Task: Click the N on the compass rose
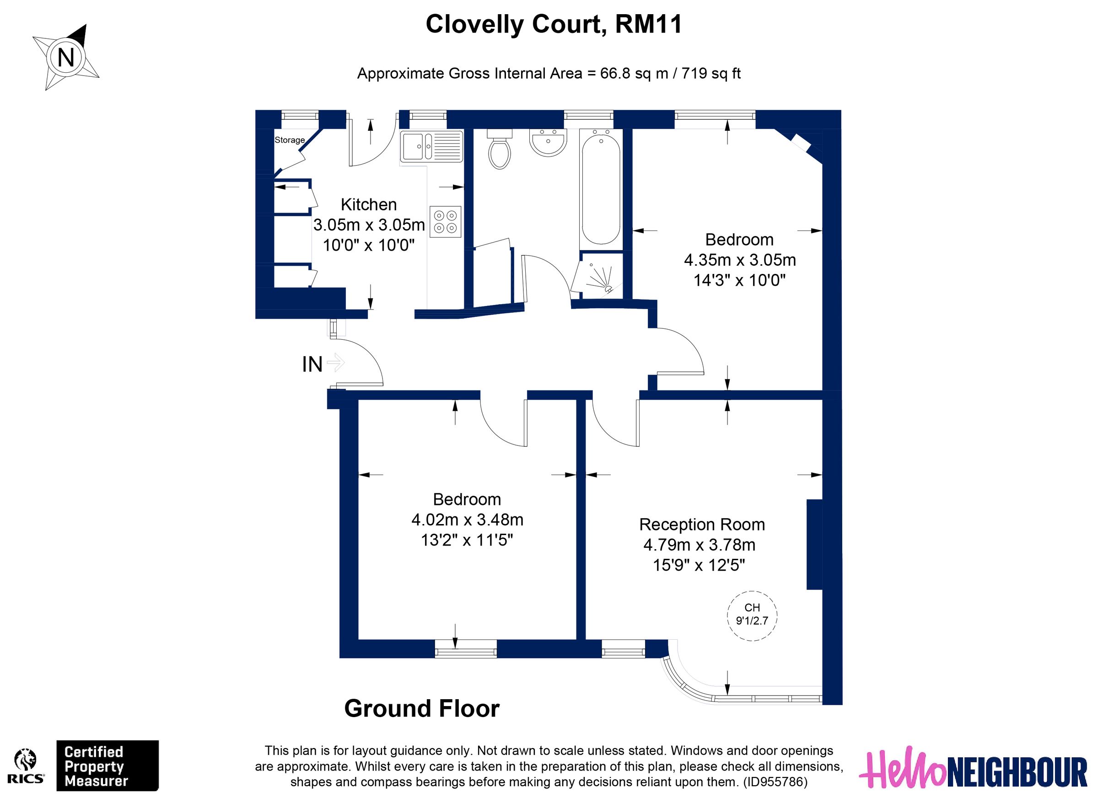(x=66, y=58)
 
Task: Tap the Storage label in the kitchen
(x=290, y=140)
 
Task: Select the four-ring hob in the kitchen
(x=445, y=222)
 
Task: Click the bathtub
(x=600, y=189)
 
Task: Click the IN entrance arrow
(x=335, y=363)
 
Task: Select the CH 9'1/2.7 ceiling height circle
(x=752, y=616)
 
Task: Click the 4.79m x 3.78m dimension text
(x=699, y=545)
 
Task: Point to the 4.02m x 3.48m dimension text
(x=467, y=520)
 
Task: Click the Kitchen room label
(x=368, y=205)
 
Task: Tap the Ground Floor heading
(x=422, y=709)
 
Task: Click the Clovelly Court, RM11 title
(x=554, y=24)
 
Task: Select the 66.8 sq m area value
(x=632, y=74)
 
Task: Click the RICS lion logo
(x=26, y=761)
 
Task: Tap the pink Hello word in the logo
(x=902, y=770)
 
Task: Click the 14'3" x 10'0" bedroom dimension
(x=739, y=280)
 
